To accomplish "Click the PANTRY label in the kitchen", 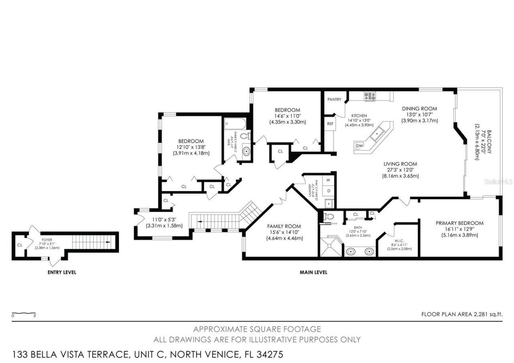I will coord(334,99).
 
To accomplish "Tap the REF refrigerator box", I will coord(330,124).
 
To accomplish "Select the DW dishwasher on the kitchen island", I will coord(359,146).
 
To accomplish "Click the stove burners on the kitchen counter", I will coord(369,96).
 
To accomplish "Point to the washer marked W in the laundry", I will coord(328,180).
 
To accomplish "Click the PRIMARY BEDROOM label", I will coord(459,223).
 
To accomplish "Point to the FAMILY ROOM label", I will coord(284,226).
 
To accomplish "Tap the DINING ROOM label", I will coord(419,108).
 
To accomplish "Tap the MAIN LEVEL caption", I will coord(313,272).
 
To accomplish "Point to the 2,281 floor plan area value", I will coord(479,314).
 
